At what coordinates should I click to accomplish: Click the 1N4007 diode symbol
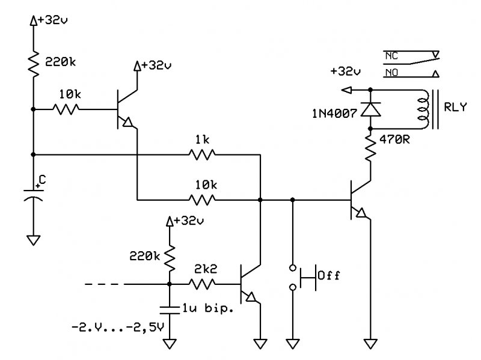pyautogui.click(x=370, y=109)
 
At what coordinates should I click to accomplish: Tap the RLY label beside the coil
pyautogui.click(x=455, y=107)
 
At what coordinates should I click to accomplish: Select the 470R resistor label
pyautogui.click(x=394, y=140)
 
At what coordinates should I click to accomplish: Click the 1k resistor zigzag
pyautogui.click(x=202, y=154)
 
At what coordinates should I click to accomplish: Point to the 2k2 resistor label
pyautogui.click(x=206, y=269)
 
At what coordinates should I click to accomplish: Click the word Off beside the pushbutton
pyautogui.click(x=328, y=275)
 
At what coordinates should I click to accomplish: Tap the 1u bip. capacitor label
pyautogui.click(x=207, y=308)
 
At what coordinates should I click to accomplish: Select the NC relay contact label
pyautogui.click(x=391, y=56)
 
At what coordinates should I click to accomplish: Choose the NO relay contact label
pyautogui.click(x=391, y=73)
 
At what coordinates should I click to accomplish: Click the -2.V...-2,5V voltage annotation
pyautogui.click(x=118, y=327)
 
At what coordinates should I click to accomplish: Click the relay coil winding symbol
pyautogui.click(x=423, y=109)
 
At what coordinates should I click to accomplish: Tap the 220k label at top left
pyautogui.click(x=60, y=63)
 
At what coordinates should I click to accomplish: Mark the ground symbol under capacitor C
pyautogui.click(x=34, y=240)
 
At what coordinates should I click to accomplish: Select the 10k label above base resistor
pyautogui.click(x=70, y=94)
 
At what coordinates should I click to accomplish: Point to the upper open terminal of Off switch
pyautogui.click(x=293, y=268)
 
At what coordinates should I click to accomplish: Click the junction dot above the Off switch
pyautogui.click(x=293, y=200)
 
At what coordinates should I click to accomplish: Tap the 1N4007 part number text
pyautogui.click(x=334, y=114)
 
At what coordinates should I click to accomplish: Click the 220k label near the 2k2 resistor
pyautogui.click(x=144, y=256)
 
